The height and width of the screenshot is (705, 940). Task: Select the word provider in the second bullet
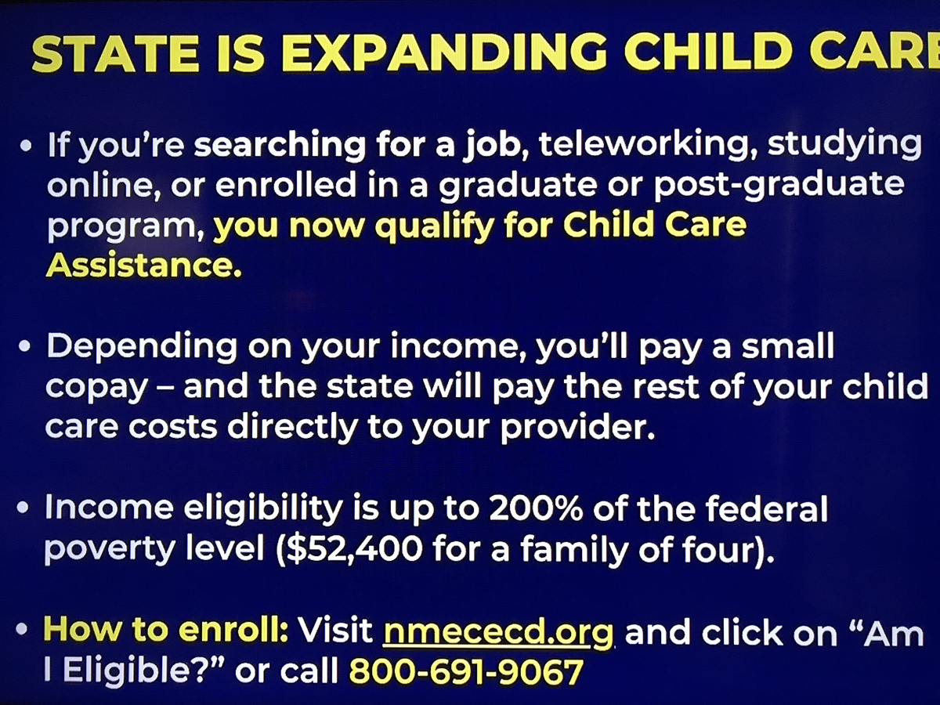point(578,427)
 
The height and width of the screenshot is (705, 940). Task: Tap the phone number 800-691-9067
point(466,671)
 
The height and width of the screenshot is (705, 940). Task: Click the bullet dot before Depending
point(25,346)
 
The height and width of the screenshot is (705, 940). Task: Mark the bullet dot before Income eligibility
point(23,508)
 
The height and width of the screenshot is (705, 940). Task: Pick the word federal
point(767,508)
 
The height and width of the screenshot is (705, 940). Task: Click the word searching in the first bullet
point(280,146)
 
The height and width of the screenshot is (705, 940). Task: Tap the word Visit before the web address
point(336,630)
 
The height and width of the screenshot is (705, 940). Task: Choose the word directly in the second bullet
point(292,428)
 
